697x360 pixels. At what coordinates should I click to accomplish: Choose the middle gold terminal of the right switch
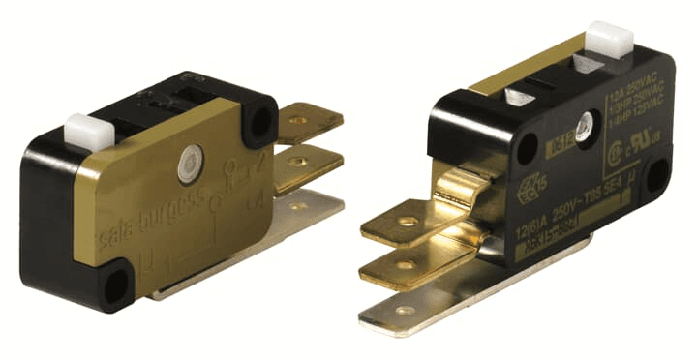pos(407,262)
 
